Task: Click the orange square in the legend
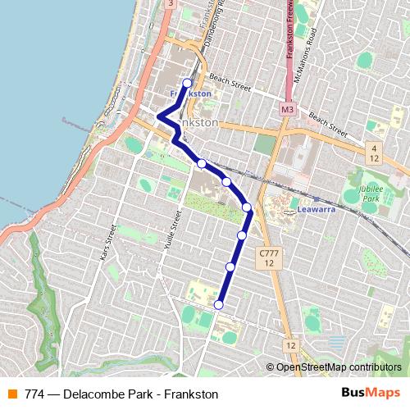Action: [x=12, y=394]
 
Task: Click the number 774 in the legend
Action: [x=34, y=394]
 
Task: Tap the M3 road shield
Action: [x=287, y=108]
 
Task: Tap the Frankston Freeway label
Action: [x=290, y=33]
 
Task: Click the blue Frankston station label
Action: [x=190, y=93]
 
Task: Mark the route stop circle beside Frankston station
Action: [x=187, y=83]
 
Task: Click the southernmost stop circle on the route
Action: [x=219, y=305]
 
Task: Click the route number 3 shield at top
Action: [x=169, y=4]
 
